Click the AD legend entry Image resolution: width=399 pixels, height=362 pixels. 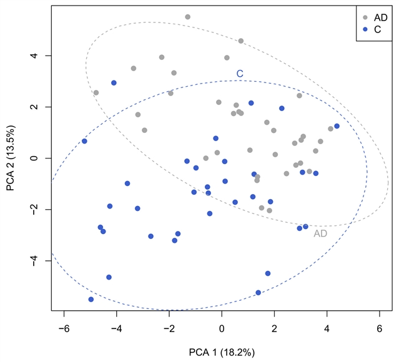click(x=377, y=17)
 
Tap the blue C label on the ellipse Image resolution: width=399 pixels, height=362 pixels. click(x=239, y=74)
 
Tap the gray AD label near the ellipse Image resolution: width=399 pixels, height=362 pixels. click(x=320, y=234)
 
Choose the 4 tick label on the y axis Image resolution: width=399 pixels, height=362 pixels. click(x=36, y=56)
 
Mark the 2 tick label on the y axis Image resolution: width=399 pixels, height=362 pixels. click(x=36, y=107)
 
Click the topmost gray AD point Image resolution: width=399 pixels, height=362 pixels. click(x=187, y=17)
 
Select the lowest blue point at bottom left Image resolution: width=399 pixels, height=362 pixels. click(x=91, y=300)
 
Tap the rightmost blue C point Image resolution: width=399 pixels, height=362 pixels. click(x=337, y=126)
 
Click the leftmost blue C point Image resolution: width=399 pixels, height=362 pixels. click(x=84, y=141)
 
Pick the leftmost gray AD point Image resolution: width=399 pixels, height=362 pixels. click(x=96, y=92)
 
